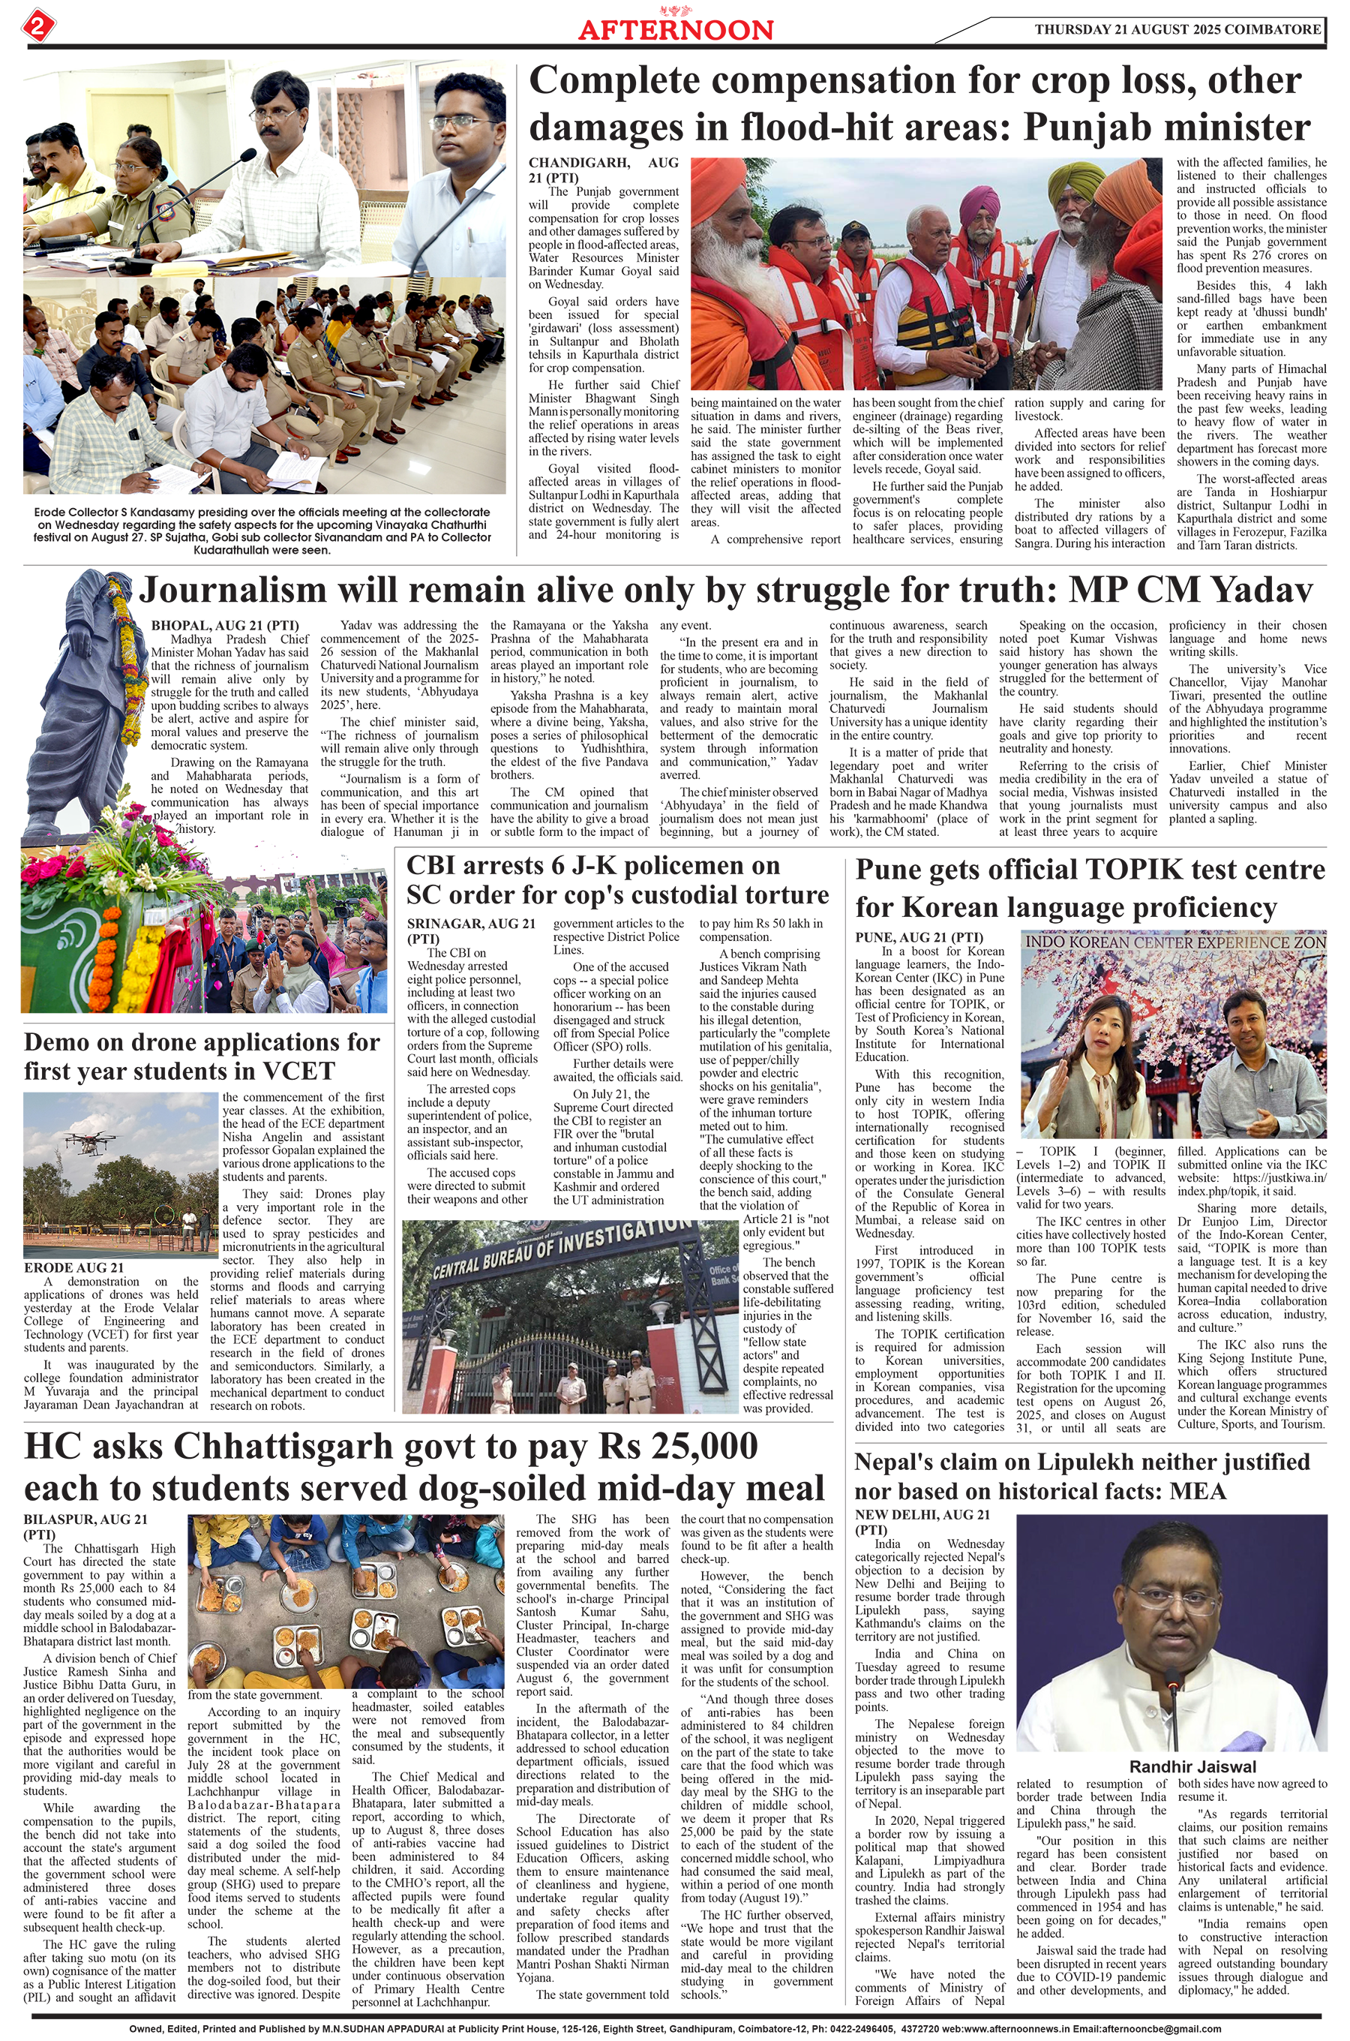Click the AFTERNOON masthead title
[x=675, y=29]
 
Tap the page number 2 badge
[x=39, y=25]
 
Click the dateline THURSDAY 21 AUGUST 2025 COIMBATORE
[x=1177, y=29]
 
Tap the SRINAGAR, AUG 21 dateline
[x=470, y=924]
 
